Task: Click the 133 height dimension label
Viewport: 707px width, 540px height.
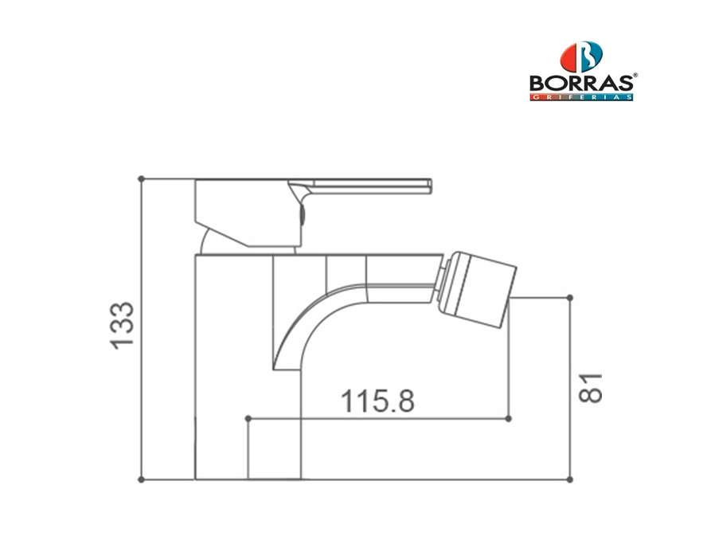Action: point(122,326)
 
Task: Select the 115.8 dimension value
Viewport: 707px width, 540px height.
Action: point(377,401)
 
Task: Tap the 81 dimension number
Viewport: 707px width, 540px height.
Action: point(590,388)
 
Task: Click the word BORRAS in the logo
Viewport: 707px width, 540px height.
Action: point(581,84)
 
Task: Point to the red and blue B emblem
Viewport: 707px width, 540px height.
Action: point(581,57)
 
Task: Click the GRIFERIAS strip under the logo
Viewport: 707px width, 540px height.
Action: point(581,97)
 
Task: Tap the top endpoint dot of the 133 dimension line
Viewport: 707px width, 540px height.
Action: point(141,179)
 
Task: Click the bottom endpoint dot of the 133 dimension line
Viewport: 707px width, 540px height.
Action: point(141,479)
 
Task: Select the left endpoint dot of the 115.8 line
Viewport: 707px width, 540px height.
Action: point(248,419)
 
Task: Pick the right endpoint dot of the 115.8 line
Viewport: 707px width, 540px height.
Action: point(509,419)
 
